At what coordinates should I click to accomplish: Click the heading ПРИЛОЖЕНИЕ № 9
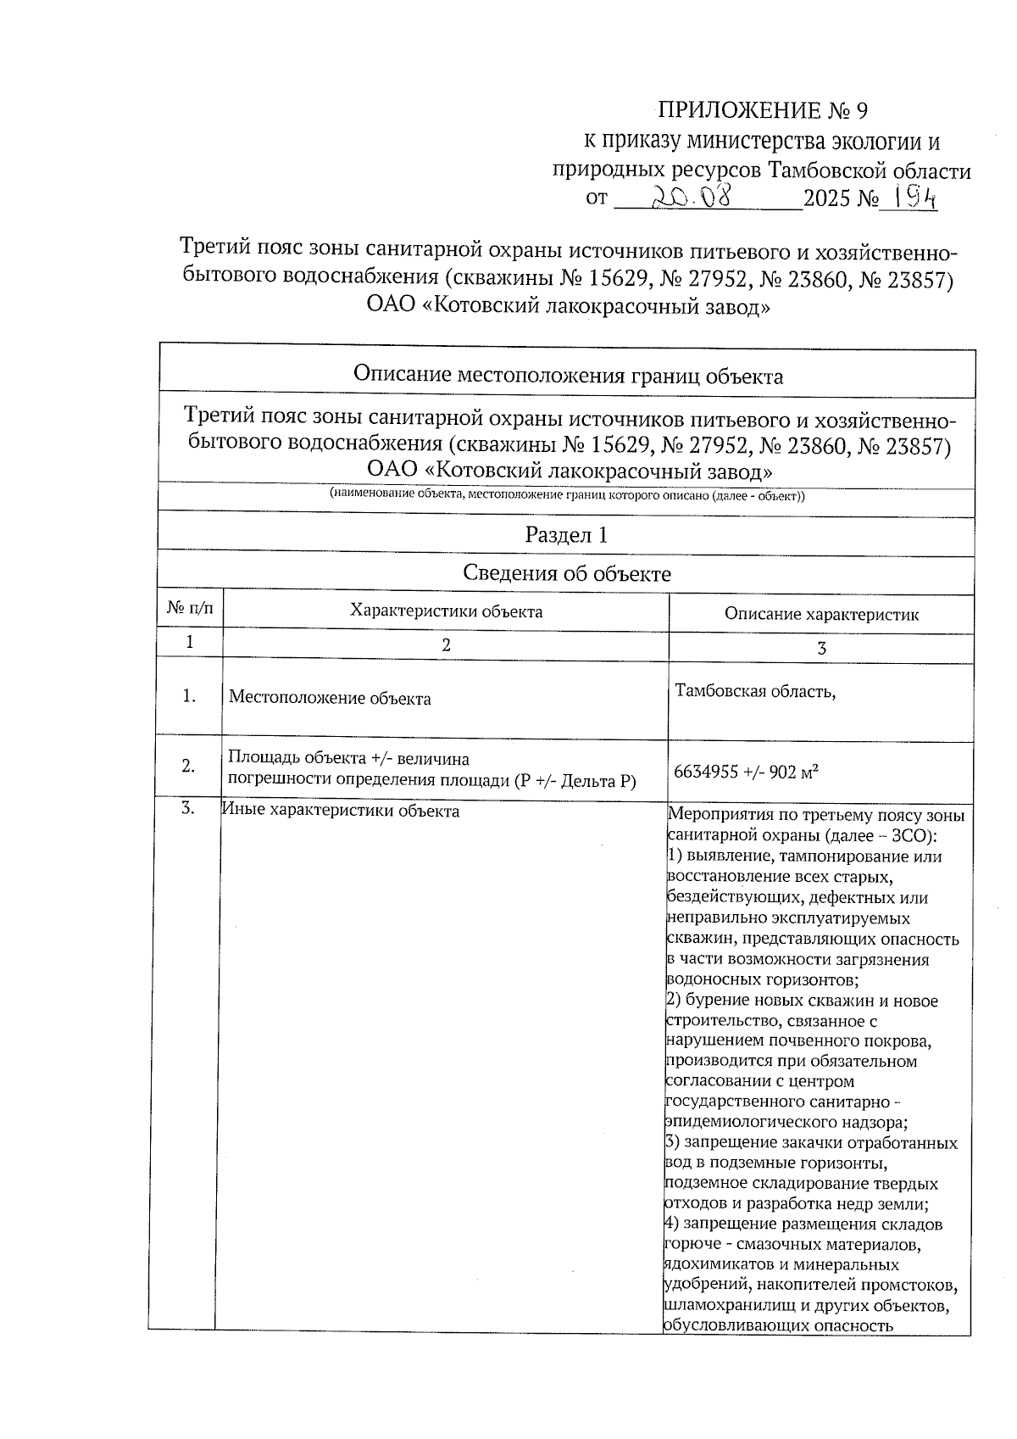[763, 111]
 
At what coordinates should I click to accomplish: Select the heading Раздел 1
[566, 535]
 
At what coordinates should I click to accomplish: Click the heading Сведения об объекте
[566, 573]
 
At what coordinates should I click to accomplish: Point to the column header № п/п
[190, 608]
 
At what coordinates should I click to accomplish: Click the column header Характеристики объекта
[446, 611]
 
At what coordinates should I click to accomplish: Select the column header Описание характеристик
[820, 614]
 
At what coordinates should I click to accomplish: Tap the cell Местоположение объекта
[330, 699]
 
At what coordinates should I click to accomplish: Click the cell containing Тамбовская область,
[755, 691]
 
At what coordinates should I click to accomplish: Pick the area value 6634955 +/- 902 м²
[745, 772]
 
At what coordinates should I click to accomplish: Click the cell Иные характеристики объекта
[341, 811]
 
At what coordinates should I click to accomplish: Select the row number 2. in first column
[189, 765]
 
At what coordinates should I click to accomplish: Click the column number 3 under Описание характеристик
[820, 649]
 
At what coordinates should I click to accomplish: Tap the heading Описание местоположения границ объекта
[567, 376]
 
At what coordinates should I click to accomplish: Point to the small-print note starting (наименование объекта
[566, 496]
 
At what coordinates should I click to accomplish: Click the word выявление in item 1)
[729, 856]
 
